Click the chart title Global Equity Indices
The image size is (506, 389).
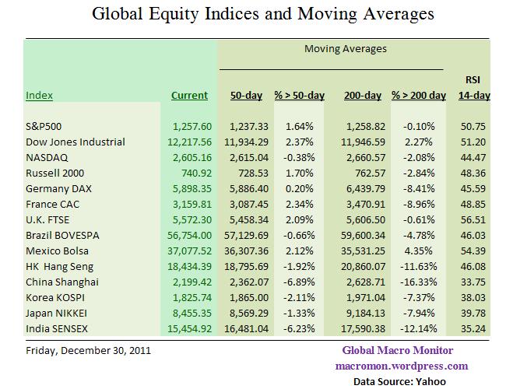coord(263,14)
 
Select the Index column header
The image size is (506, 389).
coord(39,96)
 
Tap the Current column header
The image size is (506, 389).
coord(190,96)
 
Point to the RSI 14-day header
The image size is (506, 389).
coord(472,87)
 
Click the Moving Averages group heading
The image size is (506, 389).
coord(345,49)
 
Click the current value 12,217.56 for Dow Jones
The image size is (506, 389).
coord(190,142)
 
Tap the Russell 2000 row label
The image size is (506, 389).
coord(54,173)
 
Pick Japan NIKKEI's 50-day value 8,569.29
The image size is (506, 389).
coord(248,314)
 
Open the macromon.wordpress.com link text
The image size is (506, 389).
coord(401,366)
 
